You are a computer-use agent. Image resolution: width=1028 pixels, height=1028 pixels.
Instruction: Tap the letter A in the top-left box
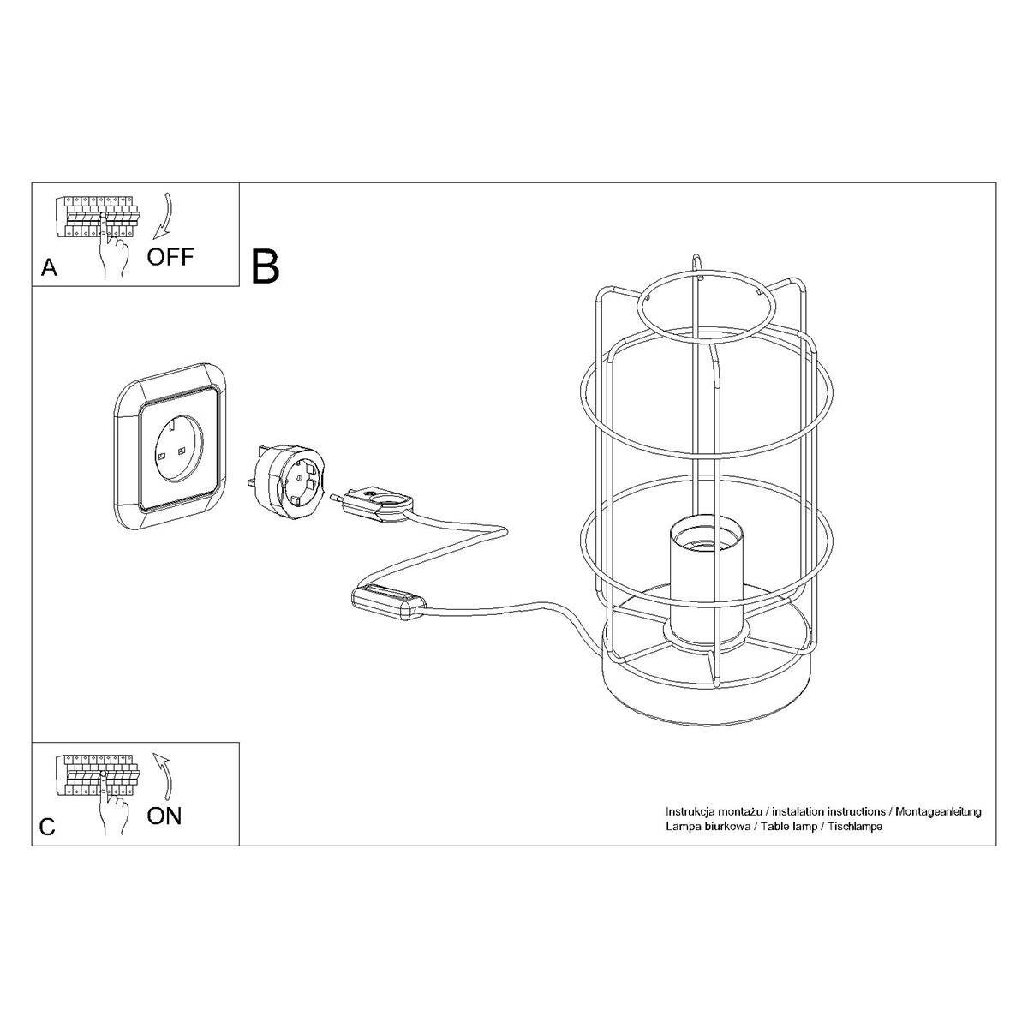(x=50, y=269)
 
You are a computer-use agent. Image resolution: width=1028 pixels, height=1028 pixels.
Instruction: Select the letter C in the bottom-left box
(x=48, y=827)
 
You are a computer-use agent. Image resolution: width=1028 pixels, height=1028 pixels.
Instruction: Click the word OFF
(x=170, y=256)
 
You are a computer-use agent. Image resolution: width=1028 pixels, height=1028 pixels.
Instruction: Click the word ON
(x=164, y=816)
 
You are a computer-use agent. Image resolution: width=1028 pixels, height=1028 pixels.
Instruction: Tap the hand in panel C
(x=111, y=812)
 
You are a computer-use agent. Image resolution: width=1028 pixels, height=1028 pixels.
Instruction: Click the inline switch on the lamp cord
(x=387, y=601)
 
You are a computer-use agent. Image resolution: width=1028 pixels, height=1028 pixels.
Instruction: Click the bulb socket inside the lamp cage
(x=700, y=583)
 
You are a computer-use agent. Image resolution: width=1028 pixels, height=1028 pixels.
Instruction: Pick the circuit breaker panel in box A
(x=96, y=217)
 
